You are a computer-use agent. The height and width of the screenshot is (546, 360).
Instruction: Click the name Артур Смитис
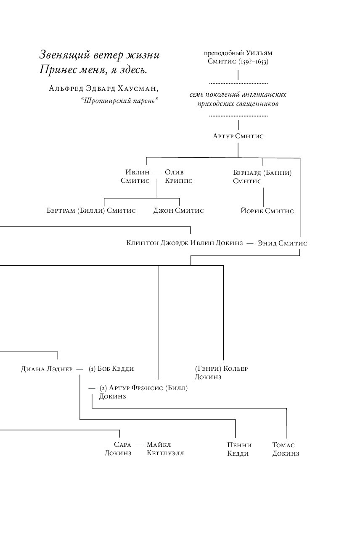pyautogui.click(x=238, y=136)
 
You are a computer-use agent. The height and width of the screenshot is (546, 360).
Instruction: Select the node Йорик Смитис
pyautogui.click(x=267, y=211)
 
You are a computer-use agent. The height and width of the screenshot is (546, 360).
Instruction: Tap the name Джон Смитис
pyautogui.click(x=178, y=211)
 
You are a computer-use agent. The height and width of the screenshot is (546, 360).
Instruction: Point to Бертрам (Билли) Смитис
pyautogui.click(x=91, y=211)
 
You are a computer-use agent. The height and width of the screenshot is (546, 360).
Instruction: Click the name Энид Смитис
pyautogui.click(x=282, y=243)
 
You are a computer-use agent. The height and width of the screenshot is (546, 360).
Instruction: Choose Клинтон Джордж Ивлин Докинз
pyautogui.click(x=184, y=243)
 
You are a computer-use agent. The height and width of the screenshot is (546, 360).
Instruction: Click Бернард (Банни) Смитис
pyautogui.click(x=262, y=177)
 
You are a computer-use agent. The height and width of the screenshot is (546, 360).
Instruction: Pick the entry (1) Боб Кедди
pyautogui.click(x=111, y=369)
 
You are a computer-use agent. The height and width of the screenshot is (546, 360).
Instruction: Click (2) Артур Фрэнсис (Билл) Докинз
pyautogui.click(x=143, y=392)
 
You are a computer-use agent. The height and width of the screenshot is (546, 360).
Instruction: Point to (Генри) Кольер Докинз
pyautogui.click(x=221, y=372)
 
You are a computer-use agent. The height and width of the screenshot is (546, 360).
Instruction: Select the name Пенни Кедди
pyautogui.click(x=239, y=449)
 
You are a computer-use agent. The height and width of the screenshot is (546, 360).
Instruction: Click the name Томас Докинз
pyautogui.click(x=286, y=449)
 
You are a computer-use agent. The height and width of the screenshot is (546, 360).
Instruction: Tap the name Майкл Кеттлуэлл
pyautogui.click(x=165, y=448)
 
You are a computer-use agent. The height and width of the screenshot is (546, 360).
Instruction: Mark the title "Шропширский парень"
pyautogui.click(x=122, y=100)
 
